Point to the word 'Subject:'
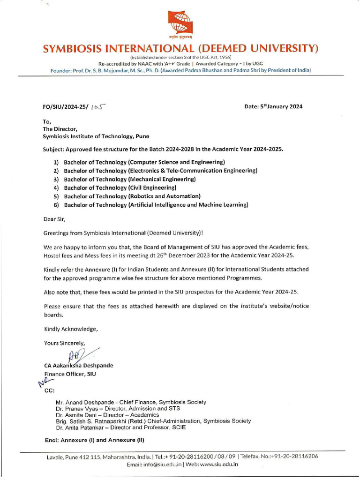(x=53, y=149)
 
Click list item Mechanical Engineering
(x=130, y=179)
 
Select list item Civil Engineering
(x=120, y=187)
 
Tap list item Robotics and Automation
(x=132, y=196)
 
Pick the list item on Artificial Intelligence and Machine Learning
(x=156, y=205)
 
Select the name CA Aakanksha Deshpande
(x=78, y=366)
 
